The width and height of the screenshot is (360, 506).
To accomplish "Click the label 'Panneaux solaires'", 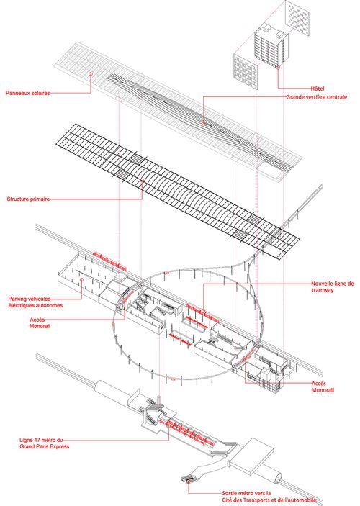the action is tap(28, 93).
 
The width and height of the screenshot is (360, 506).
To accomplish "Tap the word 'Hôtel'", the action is tap(317, 89).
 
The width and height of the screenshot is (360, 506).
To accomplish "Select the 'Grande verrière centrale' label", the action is tap(316, 97).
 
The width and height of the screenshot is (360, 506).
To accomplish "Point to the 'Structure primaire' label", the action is tap(28, 199).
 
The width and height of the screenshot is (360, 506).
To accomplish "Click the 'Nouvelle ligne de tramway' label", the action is tap(332, 286).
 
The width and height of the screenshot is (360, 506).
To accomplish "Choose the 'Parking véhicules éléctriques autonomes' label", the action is tap(35, 302).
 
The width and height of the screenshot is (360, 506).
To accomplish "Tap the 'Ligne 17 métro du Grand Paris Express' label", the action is tap(44, 443).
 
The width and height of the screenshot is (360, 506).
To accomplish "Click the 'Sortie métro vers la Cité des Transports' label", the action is tap(269, 497).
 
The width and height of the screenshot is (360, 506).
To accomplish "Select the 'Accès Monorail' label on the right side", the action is tap(323, 387).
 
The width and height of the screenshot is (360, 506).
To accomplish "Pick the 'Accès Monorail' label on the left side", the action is tap(40, 322).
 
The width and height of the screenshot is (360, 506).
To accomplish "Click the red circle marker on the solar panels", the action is tap(91, 74).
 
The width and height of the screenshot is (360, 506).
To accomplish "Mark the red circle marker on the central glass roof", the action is tap(203, 123).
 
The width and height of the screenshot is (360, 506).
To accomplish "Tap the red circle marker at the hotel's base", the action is tap(278, 67).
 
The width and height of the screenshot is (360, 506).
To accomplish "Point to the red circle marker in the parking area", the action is tap(81, 280).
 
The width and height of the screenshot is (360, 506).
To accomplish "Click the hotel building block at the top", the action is tap(271, 45).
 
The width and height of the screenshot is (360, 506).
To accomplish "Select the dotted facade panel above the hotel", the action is tap(297, 19).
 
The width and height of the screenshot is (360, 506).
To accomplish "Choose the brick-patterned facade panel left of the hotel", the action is tap(246, 71).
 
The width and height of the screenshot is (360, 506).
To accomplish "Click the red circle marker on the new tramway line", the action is tap(203, 311).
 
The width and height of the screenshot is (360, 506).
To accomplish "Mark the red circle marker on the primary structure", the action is tap(142, 181).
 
